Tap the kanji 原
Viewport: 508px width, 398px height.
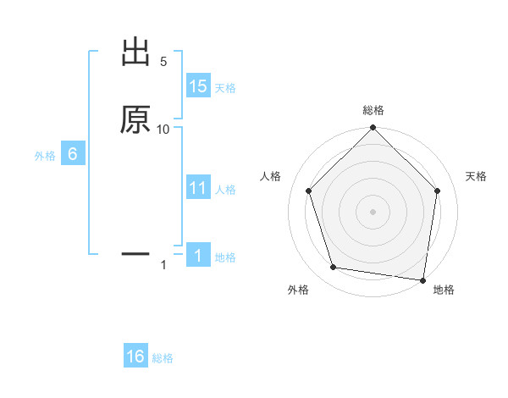tap(136, 119)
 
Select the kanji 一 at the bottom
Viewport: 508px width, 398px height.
tap(136, 252)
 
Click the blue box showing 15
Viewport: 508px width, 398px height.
tap(198, 86)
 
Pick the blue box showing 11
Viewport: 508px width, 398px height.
tap(198, 188)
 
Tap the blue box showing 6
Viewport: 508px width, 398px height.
tap(72, 154)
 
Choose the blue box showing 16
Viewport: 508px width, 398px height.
tap(135, 357)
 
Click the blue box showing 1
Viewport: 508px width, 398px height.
tap(198, 256)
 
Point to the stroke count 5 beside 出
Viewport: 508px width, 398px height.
tap(163, 62)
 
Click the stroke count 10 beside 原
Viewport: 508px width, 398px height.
tap(163, 129)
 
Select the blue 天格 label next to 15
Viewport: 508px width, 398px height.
tap(225, 88)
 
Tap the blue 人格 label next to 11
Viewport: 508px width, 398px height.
tap(225, 190)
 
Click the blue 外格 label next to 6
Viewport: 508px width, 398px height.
tap(45, 156)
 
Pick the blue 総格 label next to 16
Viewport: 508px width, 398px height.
tap(163, 358)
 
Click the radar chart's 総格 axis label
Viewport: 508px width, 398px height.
tap(373, 110)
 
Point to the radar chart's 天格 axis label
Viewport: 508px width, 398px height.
tap(477, 176)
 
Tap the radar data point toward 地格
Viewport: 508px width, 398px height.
tap(423, 279)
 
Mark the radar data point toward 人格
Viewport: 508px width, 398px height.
tap(309, 191)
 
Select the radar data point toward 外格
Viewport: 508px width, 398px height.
tap(334, 268)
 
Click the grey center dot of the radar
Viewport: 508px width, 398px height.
tap(373, 211)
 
